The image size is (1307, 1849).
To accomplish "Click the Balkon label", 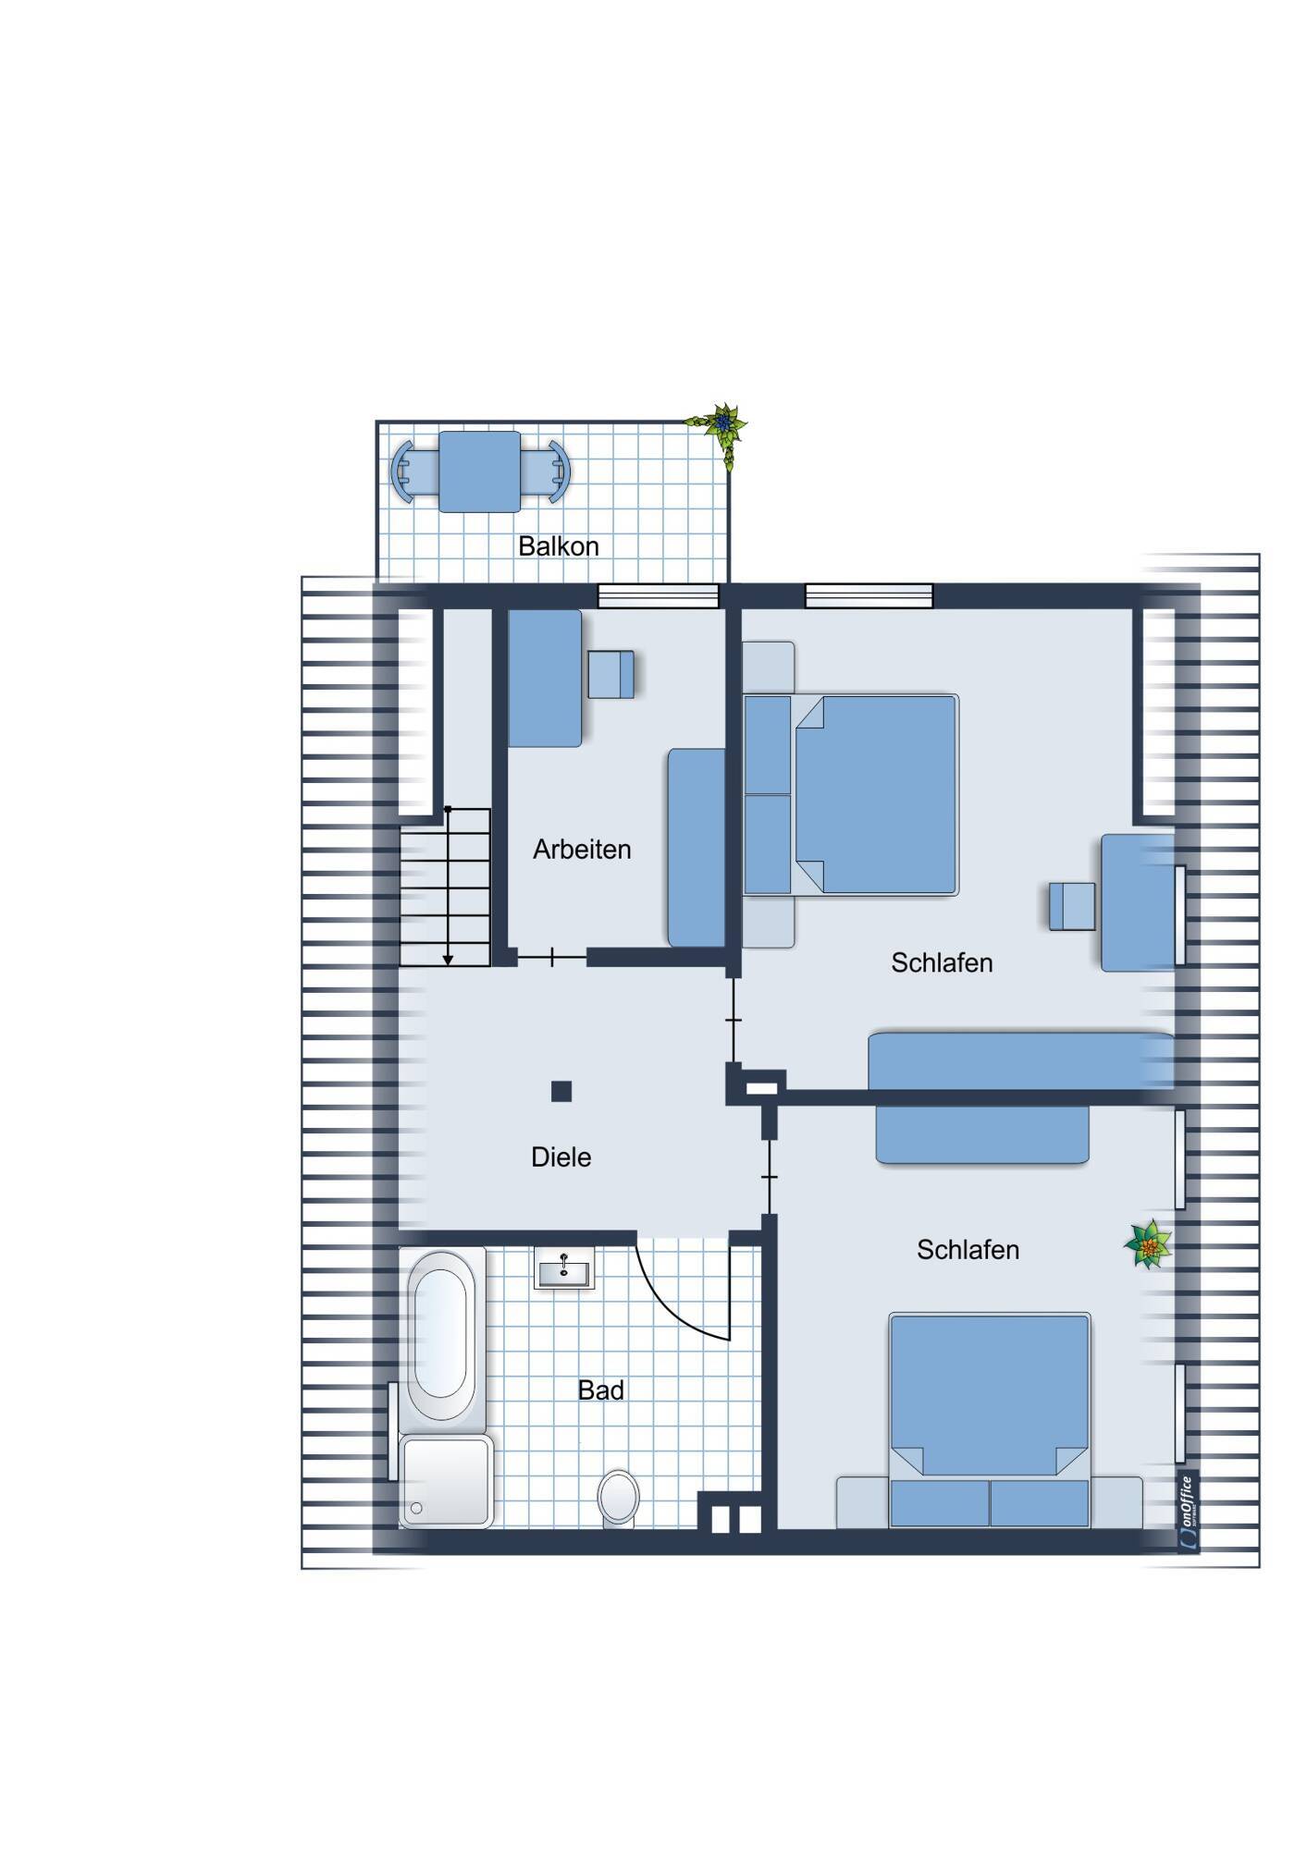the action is coord(558,546).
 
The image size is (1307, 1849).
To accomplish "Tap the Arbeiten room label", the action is coord(582,850).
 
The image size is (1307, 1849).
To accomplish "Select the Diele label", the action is coord(561,1157).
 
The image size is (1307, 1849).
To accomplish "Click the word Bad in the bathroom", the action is coord(601,1390).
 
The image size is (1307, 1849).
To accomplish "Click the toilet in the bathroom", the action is coord(618,1497).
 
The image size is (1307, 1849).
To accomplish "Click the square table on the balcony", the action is coord(479,471).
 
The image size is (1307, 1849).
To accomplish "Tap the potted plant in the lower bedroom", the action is coord(1149,1244).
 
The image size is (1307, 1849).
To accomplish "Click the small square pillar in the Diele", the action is coord(561,1092).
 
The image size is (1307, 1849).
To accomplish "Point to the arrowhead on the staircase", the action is coord(448,960).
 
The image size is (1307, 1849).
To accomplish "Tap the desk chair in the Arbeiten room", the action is coord(611,675).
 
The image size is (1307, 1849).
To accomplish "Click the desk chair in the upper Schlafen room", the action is coord(1072,906).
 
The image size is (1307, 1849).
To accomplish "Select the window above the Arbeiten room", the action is coord(659,595).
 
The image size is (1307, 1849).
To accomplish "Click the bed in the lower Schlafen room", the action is coord(990,1420).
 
